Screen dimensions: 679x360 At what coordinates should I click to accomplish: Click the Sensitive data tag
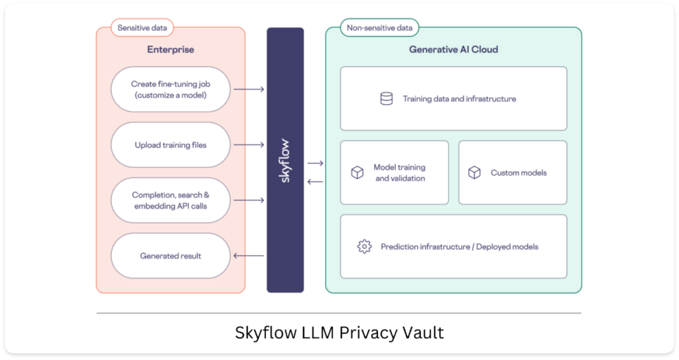click(x=142, y=28)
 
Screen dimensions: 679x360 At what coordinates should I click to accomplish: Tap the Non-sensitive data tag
click(x=379, y=28)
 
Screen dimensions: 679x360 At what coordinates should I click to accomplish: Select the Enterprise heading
click(x=170, y=49)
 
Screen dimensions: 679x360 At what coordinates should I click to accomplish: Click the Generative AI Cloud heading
click(x=454, y=49)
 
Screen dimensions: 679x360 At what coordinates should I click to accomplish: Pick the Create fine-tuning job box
click(x=170, y=90)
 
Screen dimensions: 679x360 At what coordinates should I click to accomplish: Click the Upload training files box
click(x=170, y=145)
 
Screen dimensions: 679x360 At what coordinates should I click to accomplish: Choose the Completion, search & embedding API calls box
click(x=170, y=200)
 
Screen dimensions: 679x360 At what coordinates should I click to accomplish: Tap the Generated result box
click(x=170, y=256)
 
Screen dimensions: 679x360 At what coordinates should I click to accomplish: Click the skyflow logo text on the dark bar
click(x=284, y=160)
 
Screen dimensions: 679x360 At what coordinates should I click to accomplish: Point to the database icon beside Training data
click(x=387, y=99)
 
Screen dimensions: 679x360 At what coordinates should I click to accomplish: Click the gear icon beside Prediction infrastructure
click(x=364, y=247)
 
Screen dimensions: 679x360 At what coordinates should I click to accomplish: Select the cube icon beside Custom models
click(x=474, y=172)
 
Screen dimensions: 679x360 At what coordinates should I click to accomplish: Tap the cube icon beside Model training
click(x=357, y=172)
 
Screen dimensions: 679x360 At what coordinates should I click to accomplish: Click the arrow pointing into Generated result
click(x=249, y=256)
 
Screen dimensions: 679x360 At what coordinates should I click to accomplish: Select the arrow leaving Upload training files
click(x=249, y=145)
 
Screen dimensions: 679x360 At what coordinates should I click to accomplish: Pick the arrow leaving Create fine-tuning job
click(x=249, y=90)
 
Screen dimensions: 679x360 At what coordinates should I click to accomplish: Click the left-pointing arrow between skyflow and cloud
click(x=315, y=182)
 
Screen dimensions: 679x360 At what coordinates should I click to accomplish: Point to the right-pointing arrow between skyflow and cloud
click(x=315, y=163)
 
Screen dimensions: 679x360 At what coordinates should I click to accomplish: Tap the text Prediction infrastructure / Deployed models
click(x=460, y=247)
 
